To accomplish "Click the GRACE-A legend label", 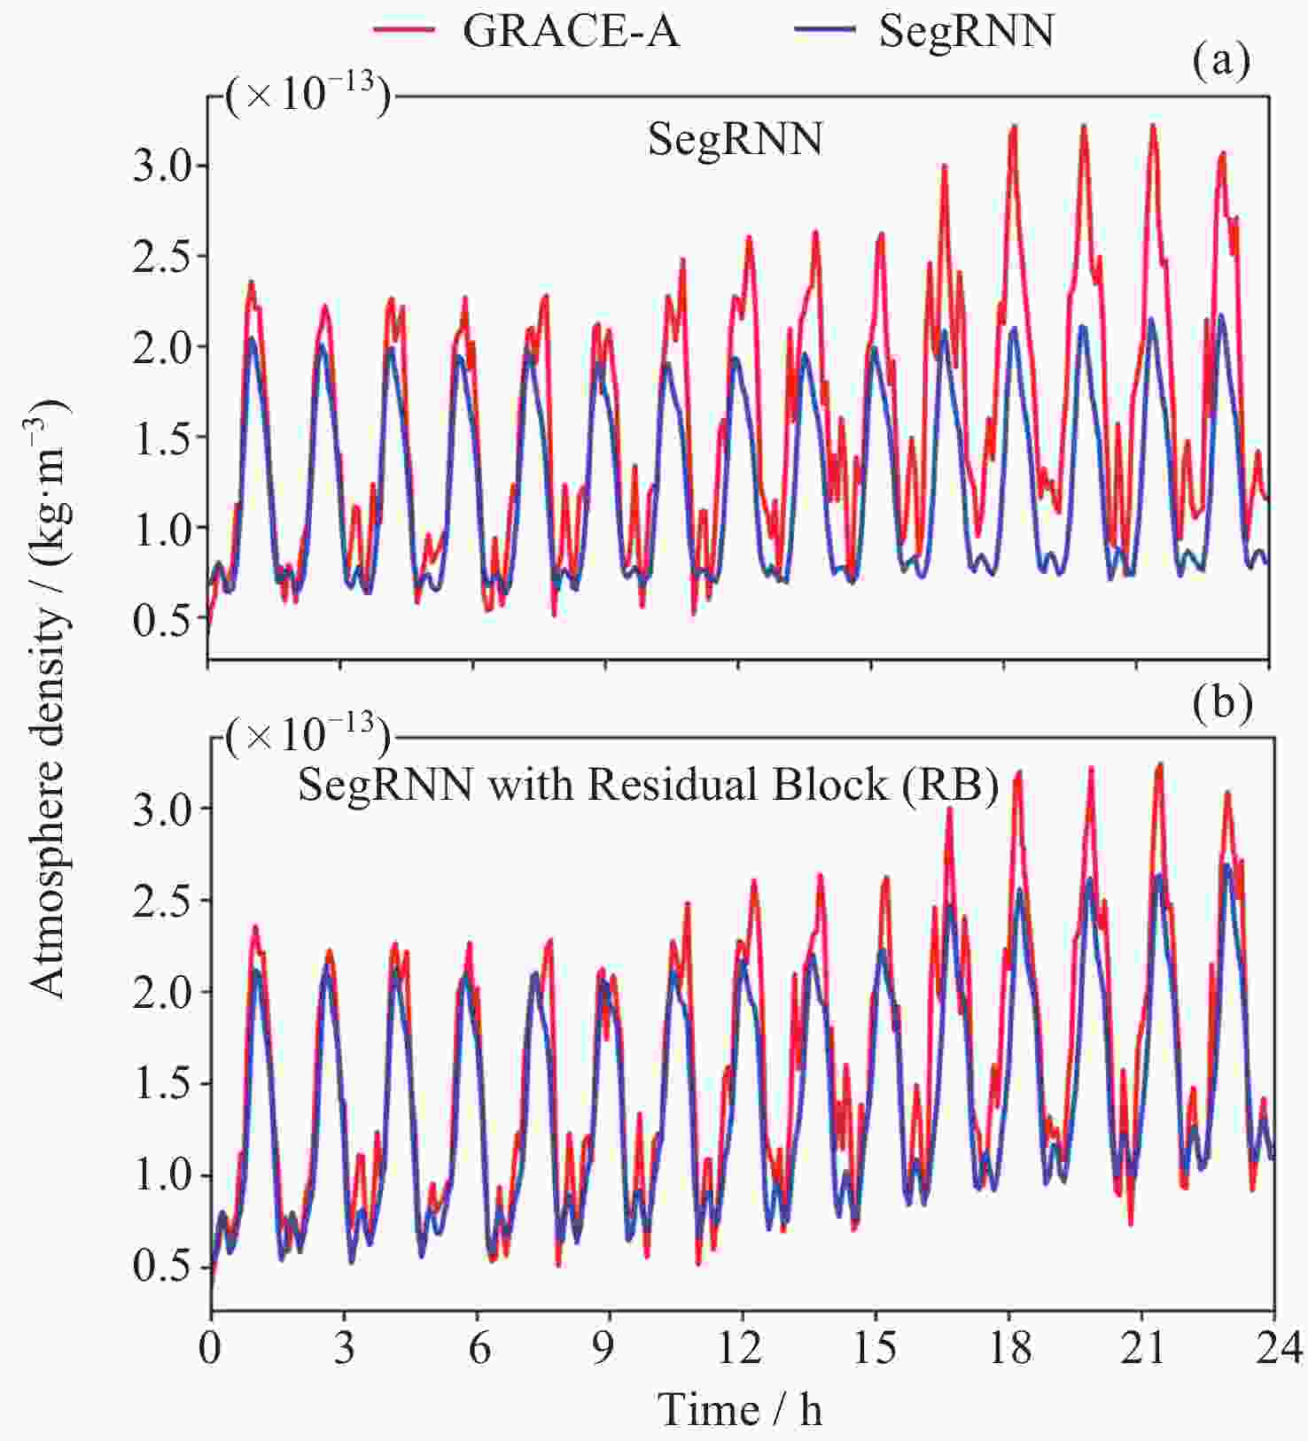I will point(571,32).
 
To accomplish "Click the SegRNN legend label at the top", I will point(966,32).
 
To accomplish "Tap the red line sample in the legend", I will point(404,30).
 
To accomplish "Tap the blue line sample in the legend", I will point(824,30).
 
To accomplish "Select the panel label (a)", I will point(1221,64).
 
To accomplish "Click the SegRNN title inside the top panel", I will point(735,140).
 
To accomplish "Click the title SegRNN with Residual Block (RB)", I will point(648,785).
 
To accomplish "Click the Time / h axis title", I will point(741,1408).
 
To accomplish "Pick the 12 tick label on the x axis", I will point(739,1348).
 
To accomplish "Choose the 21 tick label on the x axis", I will point(1141,1348).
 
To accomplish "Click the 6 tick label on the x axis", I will point(479,1348).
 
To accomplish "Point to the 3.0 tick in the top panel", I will point(160,167).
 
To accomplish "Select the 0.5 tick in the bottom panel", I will point(160,1267).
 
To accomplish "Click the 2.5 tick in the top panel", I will point(160,257).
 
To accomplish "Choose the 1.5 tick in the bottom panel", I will point(160,1084).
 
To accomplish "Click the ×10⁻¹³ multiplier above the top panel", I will point(307,96).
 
